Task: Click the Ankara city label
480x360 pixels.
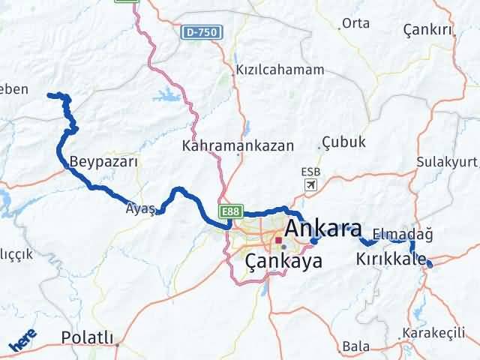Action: (x=324, y=228)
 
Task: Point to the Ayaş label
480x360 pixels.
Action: (x=142, y=209)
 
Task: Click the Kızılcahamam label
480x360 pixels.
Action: (x=280, y=70)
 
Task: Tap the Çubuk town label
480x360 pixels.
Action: (x=343, y=142)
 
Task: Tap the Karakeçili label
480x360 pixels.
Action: (x=433, y=332)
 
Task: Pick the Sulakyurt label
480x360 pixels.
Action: (x=448, y=161)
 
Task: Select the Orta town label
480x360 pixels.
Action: (x=355, y=23)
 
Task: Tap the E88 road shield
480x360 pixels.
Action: (x=229, y=212)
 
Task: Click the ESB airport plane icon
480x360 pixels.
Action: (x=310, y=185)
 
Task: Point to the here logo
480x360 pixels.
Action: (x=22, y=340)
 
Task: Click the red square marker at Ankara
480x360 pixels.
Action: (x=277, y=241)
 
